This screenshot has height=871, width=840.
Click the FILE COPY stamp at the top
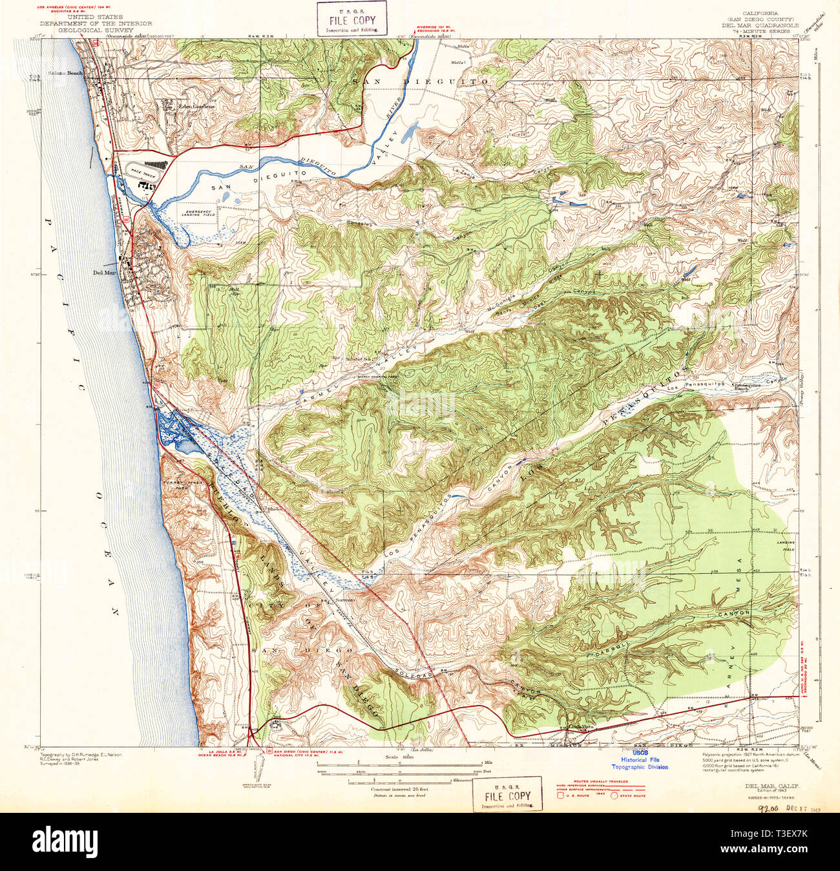pyautogui.click(x=350, y=18)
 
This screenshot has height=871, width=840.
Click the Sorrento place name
pyautogui.click(x=345, y=600)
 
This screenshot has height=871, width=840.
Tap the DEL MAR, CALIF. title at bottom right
pyautogui.click(x=770, y=786)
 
